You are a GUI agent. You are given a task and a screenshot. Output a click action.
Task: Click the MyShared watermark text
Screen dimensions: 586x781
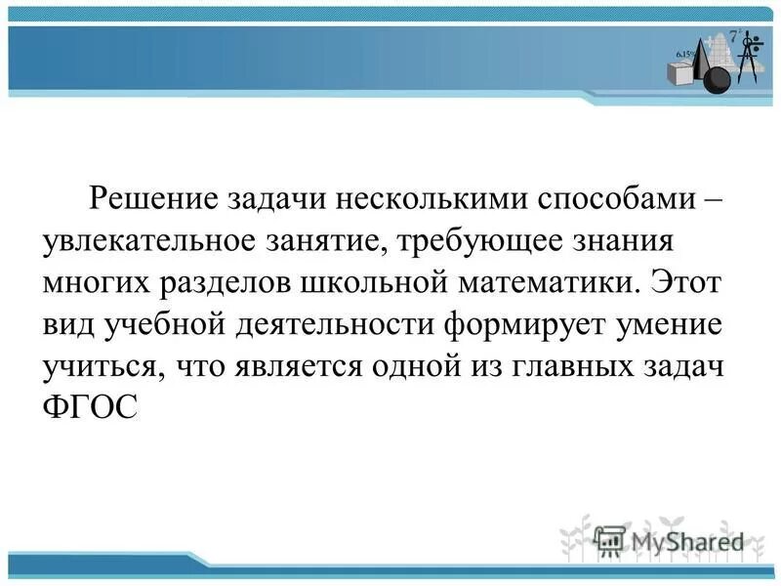687,540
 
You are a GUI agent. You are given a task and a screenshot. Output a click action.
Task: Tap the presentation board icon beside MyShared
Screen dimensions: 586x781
610,540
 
